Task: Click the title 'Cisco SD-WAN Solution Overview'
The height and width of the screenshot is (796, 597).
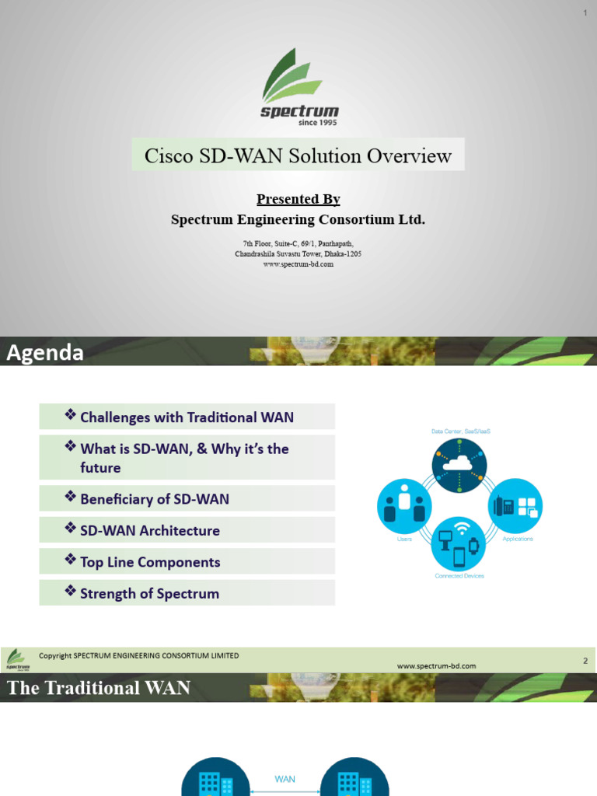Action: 298,155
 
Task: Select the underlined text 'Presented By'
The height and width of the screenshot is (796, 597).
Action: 298,200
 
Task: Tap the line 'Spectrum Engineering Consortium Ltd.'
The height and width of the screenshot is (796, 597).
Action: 298,220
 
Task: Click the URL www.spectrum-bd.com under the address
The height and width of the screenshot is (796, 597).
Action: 298,264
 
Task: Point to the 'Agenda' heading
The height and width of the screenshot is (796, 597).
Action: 45,354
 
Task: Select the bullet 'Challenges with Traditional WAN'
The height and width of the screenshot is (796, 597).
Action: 187,417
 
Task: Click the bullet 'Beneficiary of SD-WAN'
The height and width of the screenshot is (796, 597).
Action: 155,499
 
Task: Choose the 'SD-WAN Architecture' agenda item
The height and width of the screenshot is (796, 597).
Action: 150,531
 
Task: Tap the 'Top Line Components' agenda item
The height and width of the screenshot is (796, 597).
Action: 150,562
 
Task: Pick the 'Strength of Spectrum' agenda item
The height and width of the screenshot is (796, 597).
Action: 149,594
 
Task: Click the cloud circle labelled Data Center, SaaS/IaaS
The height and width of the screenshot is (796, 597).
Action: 459,465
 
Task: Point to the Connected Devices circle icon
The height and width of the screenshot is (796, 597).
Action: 459,543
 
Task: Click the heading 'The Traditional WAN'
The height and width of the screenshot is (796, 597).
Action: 99,688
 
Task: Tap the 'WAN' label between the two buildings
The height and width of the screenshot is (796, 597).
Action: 285,779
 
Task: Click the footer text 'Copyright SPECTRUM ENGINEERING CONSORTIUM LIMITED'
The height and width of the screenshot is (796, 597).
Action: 139,656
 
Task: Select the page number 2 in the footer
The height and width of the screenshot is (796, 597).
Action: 585,661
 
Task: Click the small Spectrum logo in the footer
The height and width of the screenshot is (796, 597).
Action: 17,659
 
